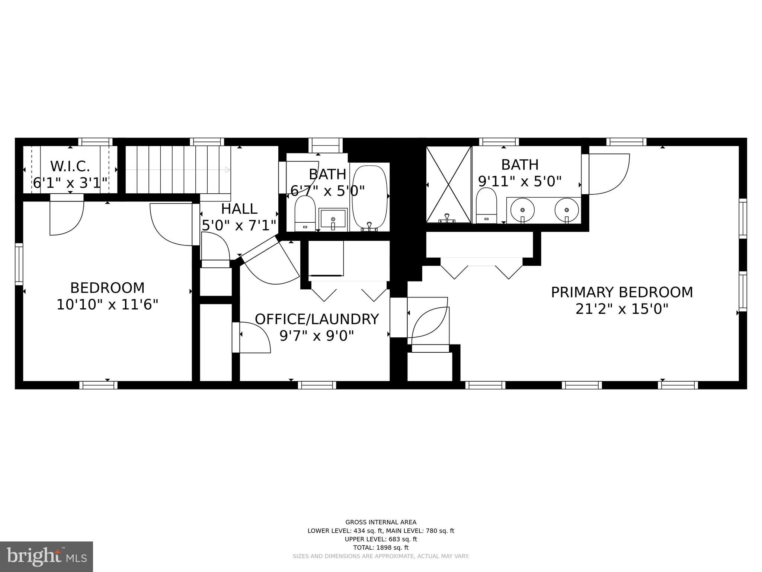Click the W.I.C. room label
pos(70,166)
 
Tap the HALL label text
pos(239,209)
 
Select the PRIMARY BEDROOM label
pos(622,292)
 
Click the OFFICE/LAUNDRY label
pos(317,319)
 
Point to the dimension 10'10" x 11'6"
pos(107,305)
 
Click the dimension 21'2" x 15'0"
pos(622,309)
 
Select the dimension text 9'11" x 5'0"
pos(519,181)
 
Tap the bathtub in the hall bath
pos(370,198)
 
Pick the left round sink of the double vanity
pos(522,210)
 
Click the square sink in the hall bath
pos(333,220)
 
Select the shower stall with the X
pos(448,185)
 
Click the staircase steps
pos(178,169)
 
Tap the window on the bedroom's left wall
pos(19,264)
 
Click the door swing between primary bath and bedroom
pos(608,174)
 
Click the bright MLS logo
pos(47,556)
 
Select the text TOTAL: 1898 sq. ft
pos(381,547)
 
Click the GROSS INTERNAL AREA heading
pos(381,522)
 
